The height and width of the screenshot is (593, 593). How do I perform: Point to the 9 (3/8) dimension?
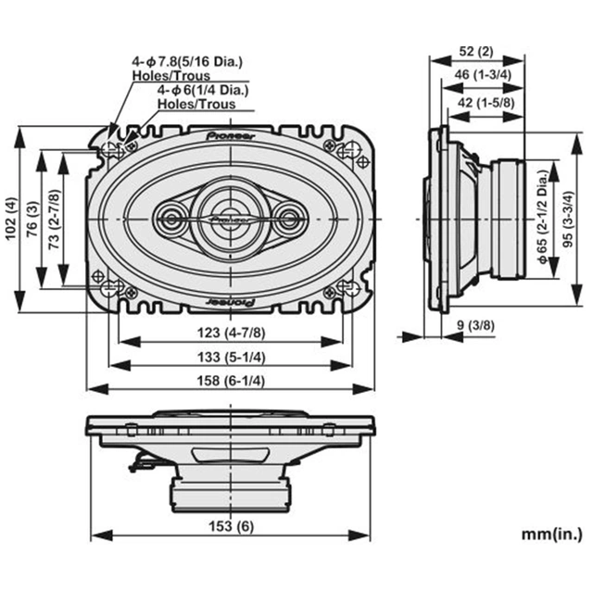click(x=476, y=325)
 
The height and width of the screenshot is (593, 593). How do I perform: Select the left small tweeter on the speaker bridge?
click(x=172, y=220)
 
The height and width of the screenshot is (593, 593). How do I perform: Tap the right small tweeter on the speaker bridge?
click(x=291, y=220)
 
